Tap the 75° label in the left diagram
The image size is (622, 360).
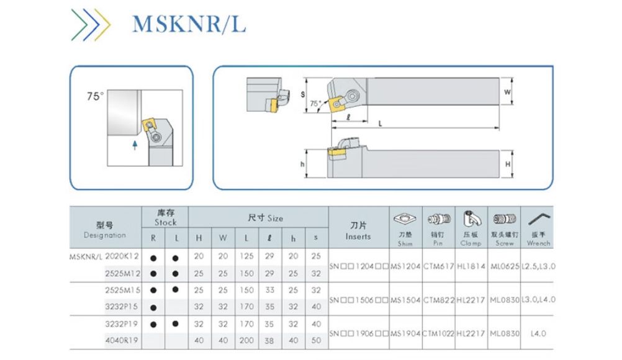pos(95,96)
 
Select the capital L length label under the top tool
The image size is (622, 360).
pos(381,123)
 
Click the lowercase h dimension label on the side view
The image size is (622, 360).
pos(302,164)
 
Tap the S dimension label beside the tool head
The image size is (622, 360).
pos(302,95)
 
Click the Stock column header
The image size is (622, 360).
pos(165,218)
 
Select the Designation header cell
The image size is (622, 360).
pos(105,230)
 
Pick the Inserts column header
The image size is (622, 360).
pos(358,231)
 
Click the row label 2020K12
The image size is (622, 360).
pos(122,256)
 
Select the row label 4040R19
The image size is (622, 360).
pos(122,341)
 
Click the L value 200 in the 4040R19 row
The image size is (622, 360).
pos(246,341)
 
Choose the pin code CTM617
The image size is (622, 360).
pos(438,266)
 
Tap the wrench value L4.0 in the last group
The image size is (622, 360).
pos(538,333)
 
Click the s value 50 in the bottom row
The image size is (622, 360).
pos(316,341)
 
